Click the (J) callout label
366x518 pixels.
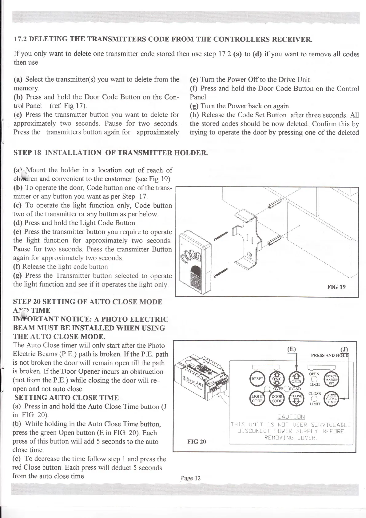pyautogui.click(x=344, y=349)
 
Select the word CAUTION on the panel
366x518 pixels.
pyautogui.click(x=291, y=417)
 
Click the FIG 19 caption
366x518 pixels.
pyautogui.click(x=336, y=287)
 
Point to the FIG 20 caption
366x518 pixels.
pyautogui.click(x=197, y=441)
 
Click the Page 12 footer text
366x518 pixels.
pyautogui.click(x=191, y=478)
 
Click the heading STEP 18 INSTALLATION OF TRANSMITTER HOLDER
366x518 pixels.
pyautogui.click(x=111, y=153)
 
